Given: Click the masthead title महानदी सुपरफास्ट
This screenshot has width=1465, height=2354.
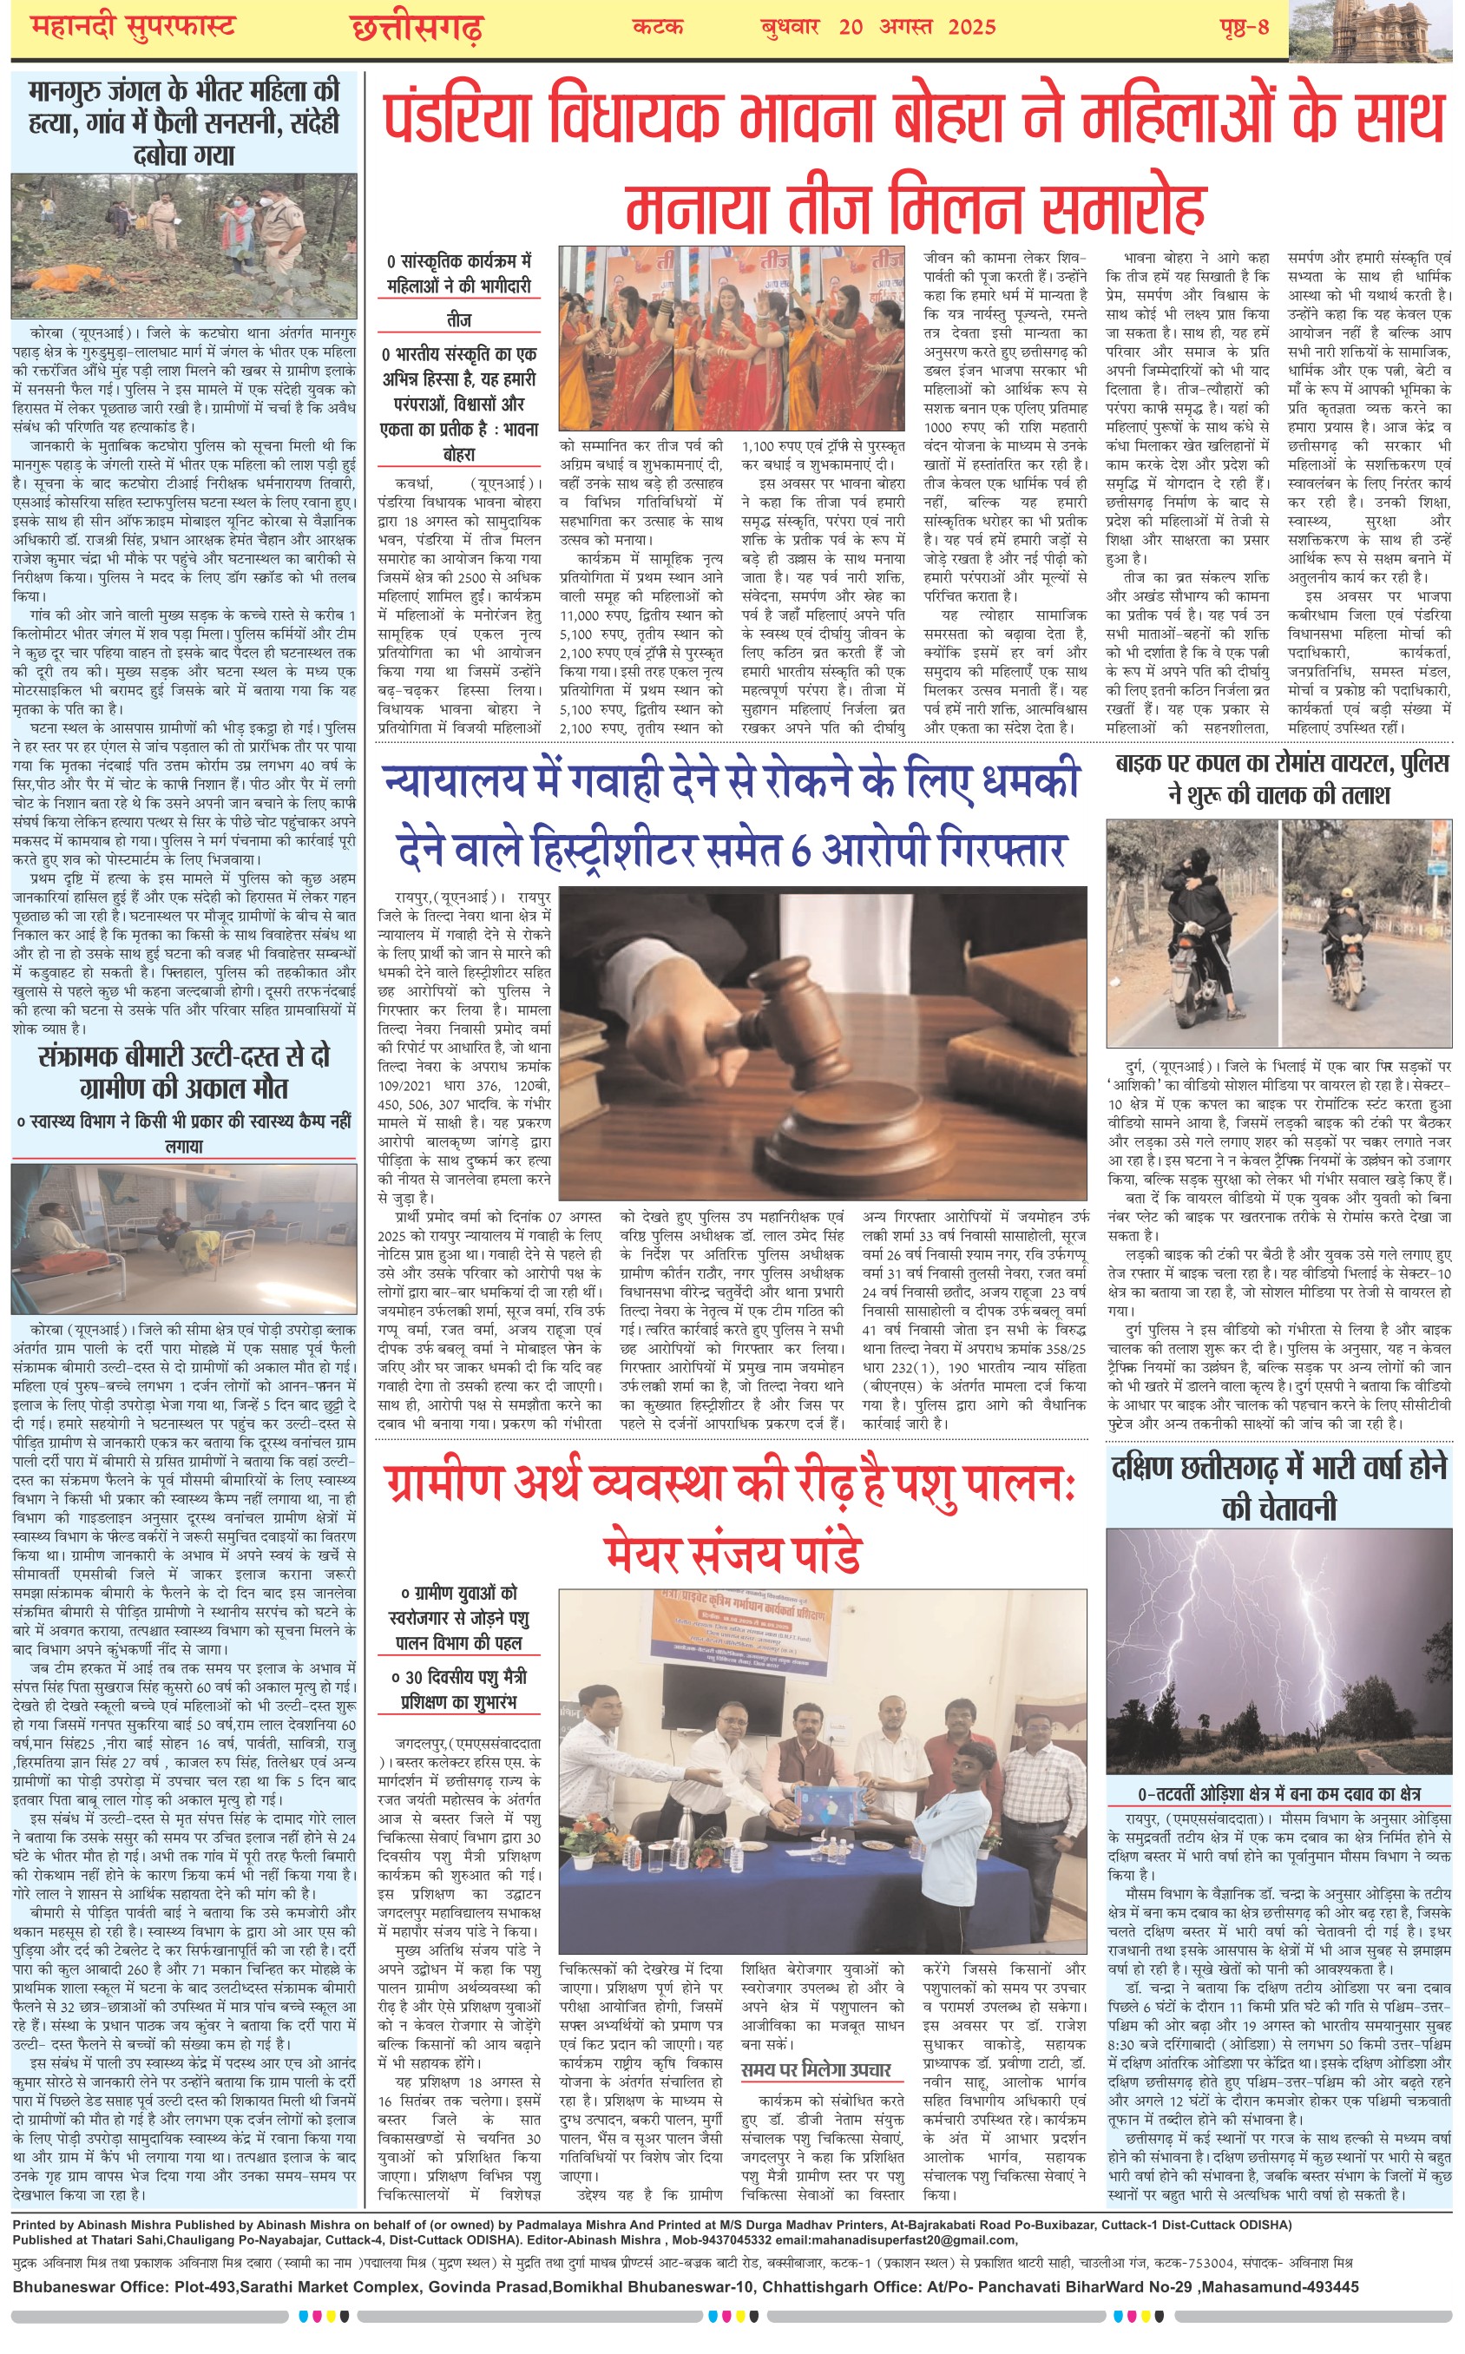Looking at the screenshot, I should (133, 27).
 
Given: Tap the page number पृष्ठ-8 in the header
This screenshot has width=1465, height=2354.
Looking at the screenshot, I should (1243, 27).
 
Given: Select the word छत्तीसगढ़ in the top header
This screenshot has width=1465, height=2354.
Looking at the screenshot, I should (417, 28).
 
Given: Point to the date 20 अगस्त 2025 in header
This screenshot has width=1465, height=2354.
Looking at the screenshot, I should (916, 27).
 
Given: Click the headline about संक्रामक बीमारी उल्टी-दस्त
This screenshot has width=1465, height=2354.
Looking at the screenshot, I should (184, 1070).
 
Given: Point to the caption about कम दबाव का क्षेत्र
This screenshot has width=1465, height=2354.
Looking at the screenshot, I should (1279, 1793).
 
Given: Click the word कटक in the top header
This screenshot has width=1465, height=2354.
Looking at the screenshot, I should (658, 27).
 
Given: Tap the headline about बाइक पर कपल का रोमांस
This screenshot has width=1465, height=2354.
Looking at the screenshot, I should (1279, 778).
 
